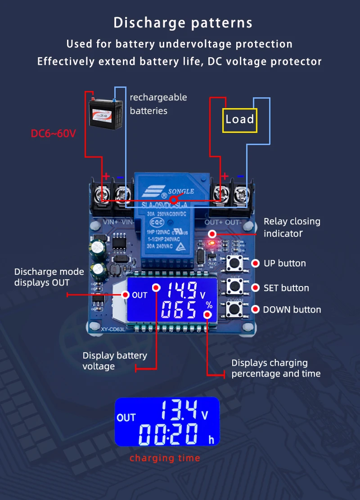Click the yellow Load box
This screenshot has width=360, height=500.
click(x=239, y=120)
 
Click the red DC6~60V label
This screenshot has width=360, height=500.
click(x=53, y=134)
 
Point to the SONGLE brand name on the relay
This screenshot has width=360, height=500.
click(x=181, y=191)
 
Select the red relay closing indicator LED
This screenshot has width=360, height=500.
click(x=212, y=243)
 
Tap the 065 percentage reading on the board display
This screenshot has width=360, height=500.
click(x=179, y=310)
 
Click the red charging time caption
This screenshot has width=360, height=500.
click(x=165, y=458)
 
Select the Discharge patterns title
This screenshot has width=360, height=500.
click(x=183, y=23)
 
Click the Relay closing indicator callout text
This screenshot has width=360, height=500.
click(x=292, y=227)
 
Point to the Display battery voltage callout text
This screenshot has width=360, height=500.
click(x=115, y=361)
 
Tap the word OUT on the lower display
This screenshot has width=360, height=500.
click(x=126, y=418)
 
